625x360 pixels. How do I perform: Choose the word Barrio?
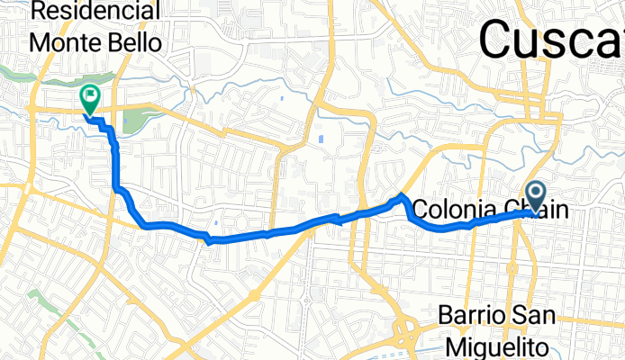pos(475,317)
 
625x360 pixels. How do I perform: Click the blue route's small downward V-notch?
pos(209,240)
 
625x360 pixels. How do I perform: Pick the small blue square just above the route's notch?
pos(216,224)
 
